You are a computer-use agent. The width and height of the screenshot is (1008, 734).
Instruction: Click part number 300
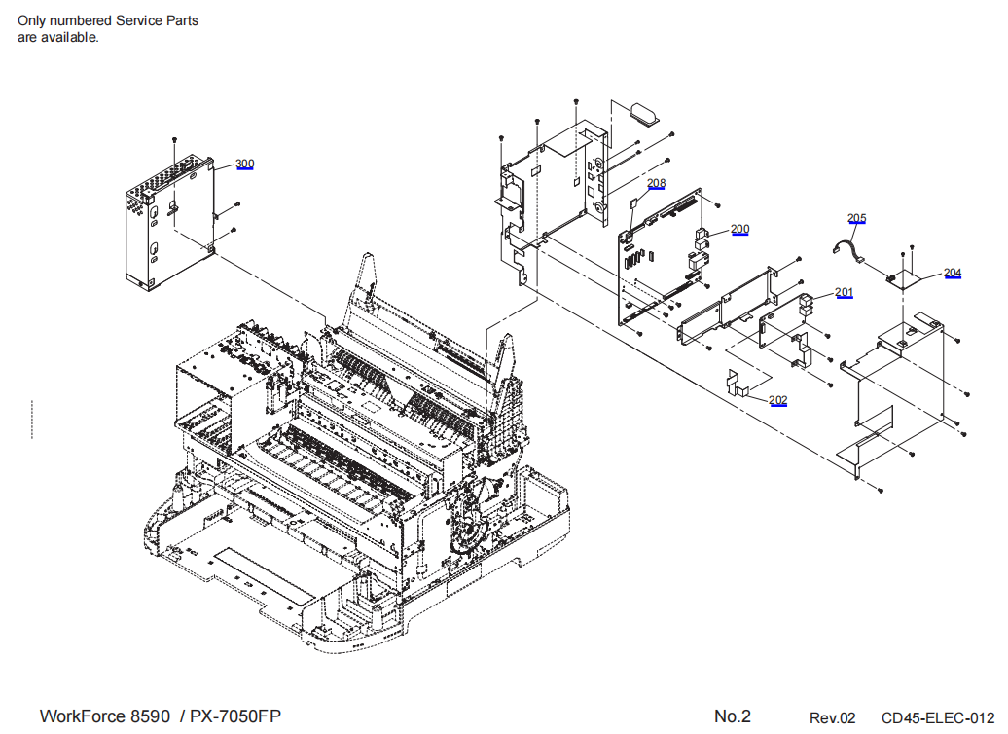245,164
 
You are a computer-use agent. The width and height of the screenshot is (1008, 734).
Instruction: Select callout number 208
657,183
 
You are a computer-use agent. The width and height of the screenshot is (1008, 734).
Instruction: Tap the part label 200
740,229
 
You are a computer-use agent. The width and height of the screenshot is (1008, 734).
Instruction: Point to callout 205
856,219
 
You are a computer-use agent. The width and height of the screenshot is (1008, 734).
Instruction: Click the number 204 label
953,273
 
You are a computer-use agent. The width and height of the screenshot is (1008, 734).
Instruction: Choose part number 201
844,292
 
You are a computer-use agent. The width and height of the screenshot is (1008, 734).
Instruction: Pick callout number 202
778,399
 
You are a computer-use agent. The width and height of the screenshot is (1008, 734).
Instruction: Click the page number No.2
733,716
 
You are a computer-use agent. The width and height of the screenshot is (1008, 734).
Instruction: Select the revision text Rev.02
833,717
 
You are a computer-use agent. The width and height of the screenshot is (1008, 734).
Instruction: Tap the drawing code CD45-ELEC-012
938,717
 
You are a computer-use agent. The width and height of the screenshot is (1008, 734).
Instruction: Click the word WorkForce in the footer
83,716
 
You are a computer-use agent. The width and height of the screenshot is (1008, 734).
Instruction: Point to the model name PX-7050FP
235,716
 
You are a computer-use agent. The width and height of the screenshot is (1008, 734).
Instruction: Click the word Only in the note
32,20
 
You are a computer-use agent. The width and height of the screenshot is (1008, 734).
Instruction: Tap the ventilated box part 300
170,219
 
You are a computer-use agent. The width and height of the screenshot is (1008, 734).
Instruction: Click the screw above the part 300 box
173,140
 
